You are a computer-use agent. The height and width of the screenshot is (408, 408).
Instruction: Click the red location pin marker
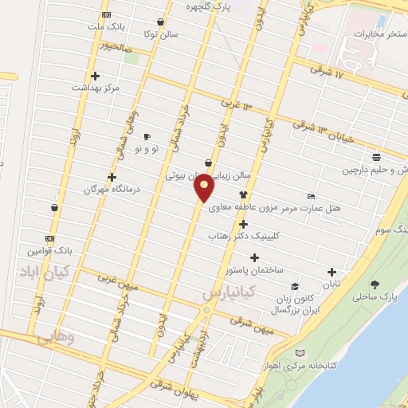click(206, 188)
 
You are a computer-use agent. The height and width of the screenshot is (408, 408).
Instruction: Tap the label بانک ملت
click(107, 26)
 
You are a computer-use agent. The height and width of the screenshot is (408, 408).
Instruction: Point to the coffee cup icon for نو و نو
click(146, 136)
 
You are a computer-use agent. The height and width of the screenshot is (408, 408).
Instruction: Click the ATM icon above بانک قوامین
click(49, 238)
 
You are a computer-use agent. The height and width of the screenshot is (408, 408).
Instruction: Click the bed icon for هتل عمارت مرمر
click(311, 196)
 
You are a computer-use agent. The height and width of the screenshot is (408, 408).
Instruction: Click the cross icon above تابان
click(331, 271)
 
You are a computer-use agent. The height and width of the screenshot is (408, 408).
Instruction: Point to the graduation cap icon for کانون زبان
click(295, 286)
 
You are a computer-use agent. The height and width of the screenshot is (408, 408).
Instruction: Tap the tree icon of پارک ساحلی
click(374, 284)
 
